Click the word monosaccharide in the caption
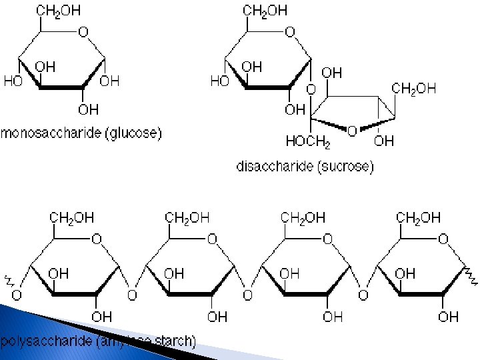click(x=48, y=133)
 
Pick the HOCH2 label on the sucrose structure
click(x=308, y=141)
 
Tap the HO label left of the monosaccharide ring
click(x=13, y=81)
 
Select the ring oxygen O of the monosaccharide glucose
click(x=83, y=31)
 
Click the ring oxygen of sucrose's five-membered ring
click(x=352, y=131)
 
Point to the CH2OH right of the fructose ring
click(x=413, y=88)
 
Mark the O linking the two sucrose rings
click(x=311, y=89)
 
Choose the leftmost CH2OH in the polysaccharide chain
click(x=72, y=217)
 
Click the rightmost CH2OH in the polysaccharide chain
click(x=419, y=217)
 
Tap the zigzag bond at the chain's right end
click(x=471, y=274)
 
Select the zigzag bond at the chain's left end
click(x=9, y=279)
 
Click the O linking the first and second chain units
click(x=132, y=295)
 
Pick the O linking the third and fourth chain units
click(x=363, y=295)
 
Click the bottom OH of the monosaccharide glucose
click(x=88, y=109)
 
